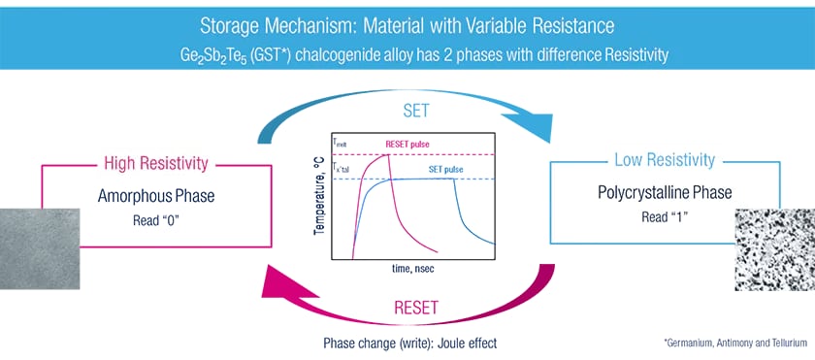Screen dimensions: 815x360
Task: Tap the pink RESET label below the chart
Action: pyautogui.click(x=416, y=308)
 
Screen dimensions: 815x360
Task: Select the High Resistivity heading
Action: pyautogui.click(x=156, y=164)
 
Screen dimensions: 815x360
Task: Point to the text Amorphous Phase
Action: pyautogui.click(x=156, y=196)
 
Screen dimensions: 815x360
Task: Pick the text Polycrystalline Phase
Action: pyautogui.click(x=665, y=193)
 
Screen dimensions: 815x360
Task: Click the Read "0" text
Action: pyautogui.click(x=156, y=219)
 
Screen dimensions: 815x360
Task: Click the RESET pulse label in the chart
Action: pyautogui.click(x=407, y=145)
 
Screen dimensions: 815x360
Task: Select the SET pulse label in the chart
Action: pyautogui.click(x=446, y=170)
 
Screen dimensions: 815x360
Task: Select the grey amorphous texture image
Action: pyautogui.click(x=40, y=248)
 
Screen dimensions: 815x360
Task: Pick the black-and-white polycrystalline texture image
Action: pyautogui.click(x=775, y=248)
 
